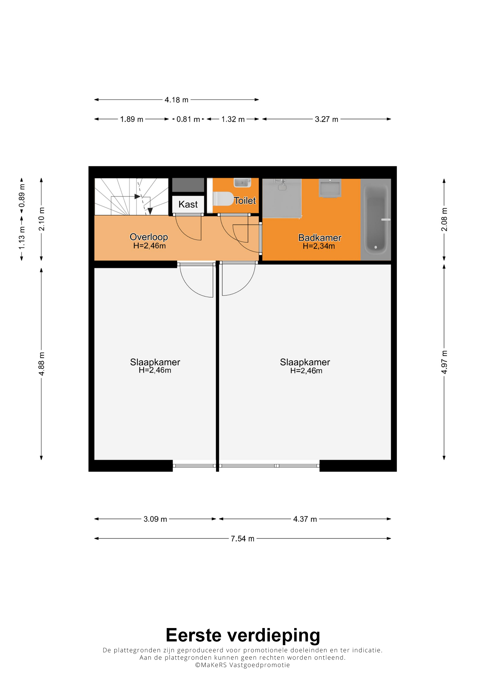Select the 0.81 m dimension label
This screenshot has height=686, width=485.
point(188,119)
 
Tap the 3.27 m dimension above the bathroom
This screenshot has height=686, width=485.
point(326,119)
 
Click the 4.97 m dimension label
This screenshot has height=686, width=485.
point(444,362)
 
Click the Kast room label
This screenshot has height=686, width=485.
point(188,204)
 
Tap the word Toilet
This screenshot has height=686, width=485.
point(245,200)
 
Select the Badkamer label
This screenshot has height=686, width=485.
point(320,238)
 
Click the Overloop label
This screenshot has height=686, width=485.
point(149,237)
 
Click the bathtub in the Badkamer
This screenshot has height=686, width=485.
point(376,220)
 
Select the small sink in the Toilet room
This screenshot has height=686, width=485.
point(242,183)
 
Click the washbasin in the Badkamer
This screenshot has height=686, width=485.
point(330,188)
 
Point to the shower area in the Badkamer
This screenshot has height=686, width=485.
point(282,198)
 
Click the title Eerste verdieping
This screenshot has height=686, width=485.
point(243,635)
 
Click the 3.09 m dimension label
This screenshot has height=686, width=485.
point(155,519)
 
